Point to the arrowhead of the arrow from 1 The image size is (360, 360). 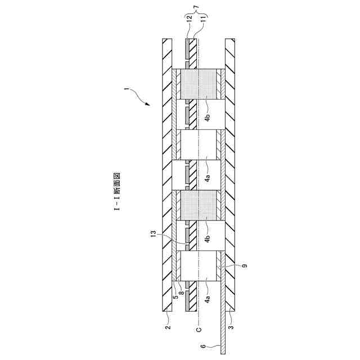148,105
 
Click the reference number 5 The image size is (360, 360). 175,297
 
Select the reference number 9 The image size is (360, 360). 244,265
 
